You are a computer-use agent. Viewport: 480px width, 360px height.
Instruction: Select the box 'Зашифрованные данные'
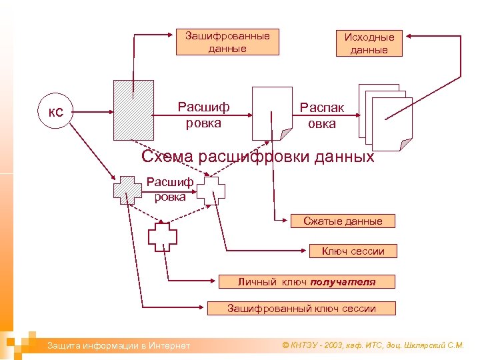pyautogui.click(x=227, y=42)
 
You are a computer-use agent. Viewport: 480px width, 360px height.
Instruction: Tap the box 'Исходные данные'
pyautogui.click(x=369, y=43)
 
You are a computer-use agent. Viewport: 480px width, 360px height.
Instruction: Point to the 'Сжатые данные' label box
pyautogui.click(x=343, y=221)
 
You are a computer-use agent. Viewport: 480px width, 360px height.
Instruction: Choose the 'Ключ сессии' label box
pyautogui.click(x=353, y=251)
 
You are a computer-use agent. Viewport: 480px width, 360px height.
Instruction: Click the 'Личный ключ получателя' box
pyautogui.click(x=307, y=282)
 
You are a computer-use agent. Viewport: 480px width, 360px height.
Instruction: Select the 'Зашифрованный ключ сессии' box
pyautogui.click(x=301, y=308)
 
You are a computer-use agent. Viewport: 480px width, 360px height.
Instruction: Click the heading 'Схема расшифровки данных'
pyautogui.click(x=258, y=157)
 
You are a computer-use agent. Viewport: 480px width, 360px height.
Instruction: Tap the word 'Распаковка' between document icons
pyautogui.click(x=322, y=115)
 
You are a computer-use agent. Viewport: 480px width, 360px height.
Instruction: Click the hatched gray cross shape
pyautogui.click(x=127, y=190)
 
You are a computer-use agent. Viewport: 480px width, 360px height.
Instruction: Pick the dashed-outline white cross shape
pyautogui.click(x=211, y=190)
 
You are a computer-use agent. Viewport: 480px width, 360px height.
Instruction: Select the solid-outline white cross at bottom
pyautogui.click(x=162, y=236)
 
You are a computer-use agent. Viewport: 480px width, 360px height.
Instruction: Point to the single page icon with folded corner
pyautogui.click(x=273, y=112)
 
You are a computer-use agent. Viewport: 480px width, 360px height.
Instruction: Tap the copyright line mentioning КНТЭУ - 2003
pyautogui.click(x=373, y=345)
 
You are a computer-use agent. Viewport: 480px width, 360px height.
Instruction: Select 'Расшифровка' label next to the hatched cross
pyautogui.click(x=170, y=189)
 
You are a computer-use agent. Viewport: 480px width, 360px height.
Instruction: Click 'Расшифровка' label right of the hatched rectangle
pyautogui.click(x=203, y=115)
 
